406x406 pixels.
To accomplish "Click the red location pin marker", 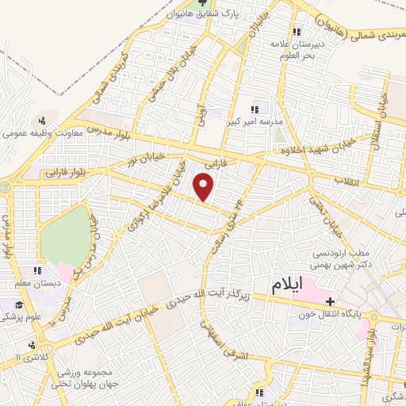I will point(205,188).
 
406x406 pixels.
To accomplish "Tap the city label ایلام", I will point(287,286).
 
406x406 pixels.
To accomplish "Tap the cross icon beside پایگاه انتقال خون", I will point(330,301).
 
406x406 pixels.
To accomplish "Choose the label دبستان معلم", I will point(31,283).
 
